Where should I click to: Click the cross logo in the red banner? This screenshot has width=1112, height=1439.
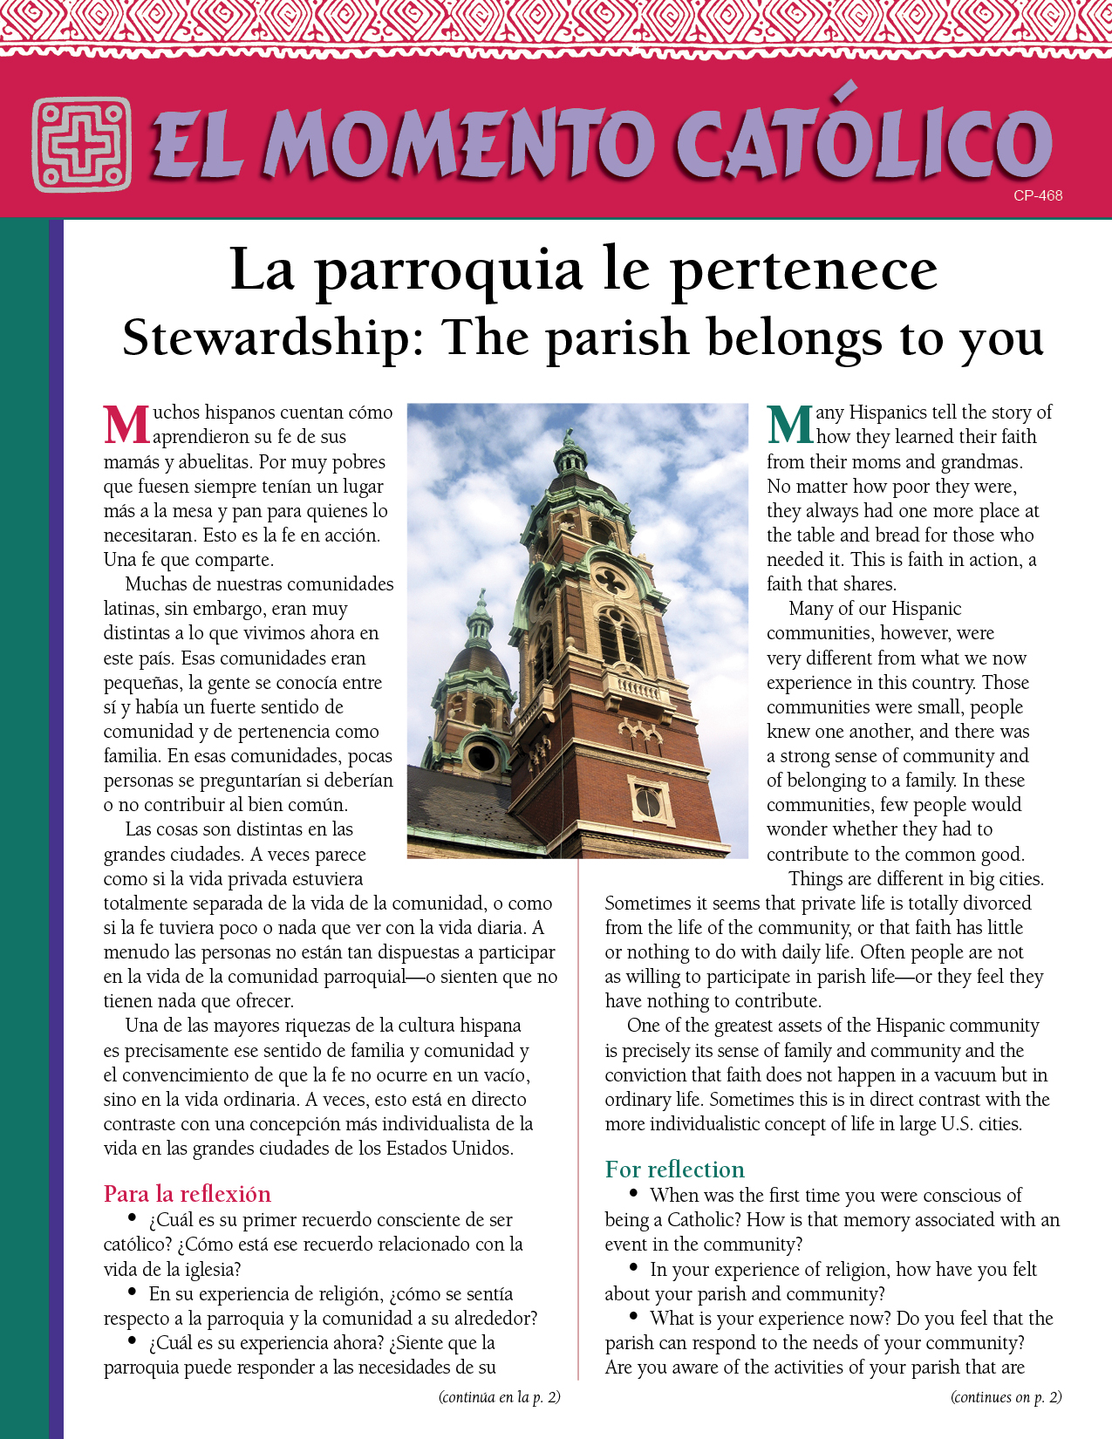click(82, 145)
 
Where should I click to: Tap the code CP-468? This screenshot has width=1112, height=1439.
click(1037, 196)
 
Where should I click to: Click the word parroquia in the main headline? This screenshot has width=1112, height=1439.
click(449, 270)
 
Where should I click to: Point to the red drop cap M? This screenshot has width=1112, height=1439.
click(126, 425)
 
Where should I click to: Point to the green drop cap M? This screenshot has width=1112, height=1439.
click(790, 425)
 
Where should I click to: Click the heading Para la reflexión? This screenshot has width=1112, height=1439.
click(188, 1194)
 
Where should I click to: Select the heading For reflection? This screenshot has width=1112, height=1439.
click(675, 1170)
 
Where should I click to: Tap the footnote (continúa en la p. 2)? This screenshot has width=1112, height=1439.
click(499, 1397)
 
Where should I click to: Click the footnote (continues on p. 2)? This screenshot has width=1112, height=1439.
click(1006, 1397)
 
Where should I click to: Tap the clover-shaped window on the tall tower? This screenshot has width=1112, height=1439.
click(611, 579)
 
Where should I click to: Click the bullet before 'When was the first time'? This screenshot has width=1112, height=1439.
click(634, 1194)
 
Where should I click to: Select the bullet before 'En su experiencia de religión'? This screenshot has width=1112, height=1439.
click(133, 1292)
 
